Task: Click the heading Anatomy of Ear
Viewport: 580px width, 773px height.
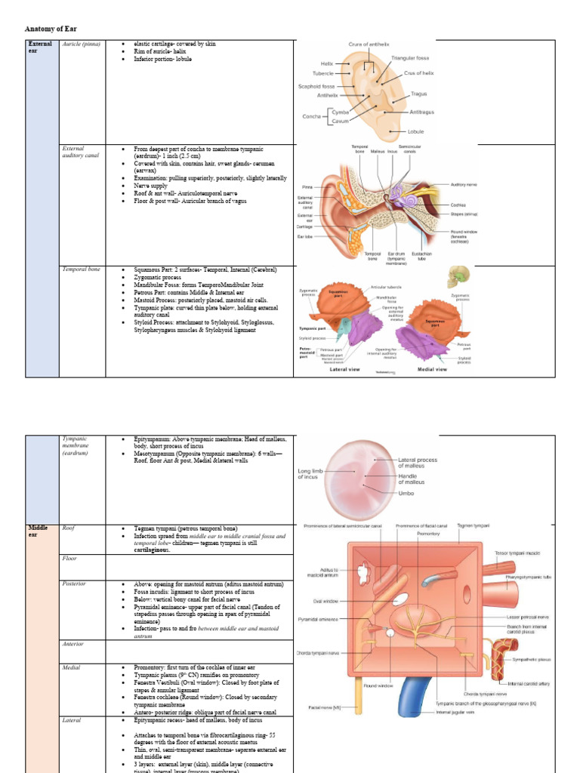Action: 51,28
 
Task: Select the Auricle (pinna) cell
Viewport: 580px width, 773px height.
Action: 81,44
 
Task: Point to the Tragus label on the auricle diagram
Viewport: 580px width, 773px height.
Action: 419,94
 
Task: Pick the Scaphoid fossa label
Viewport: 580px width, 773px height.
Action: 317,86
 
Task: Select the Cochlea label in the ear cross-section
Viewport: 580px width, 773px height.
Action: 458,205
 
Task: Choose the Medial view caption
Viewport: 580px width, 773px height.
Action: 432,369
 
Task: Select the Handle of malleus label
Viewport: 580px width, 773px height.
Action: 416,477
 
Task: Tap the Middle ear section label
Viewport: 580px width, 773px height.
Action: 38,531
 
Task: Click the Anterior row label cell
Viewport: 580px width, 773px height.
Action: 74,644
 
